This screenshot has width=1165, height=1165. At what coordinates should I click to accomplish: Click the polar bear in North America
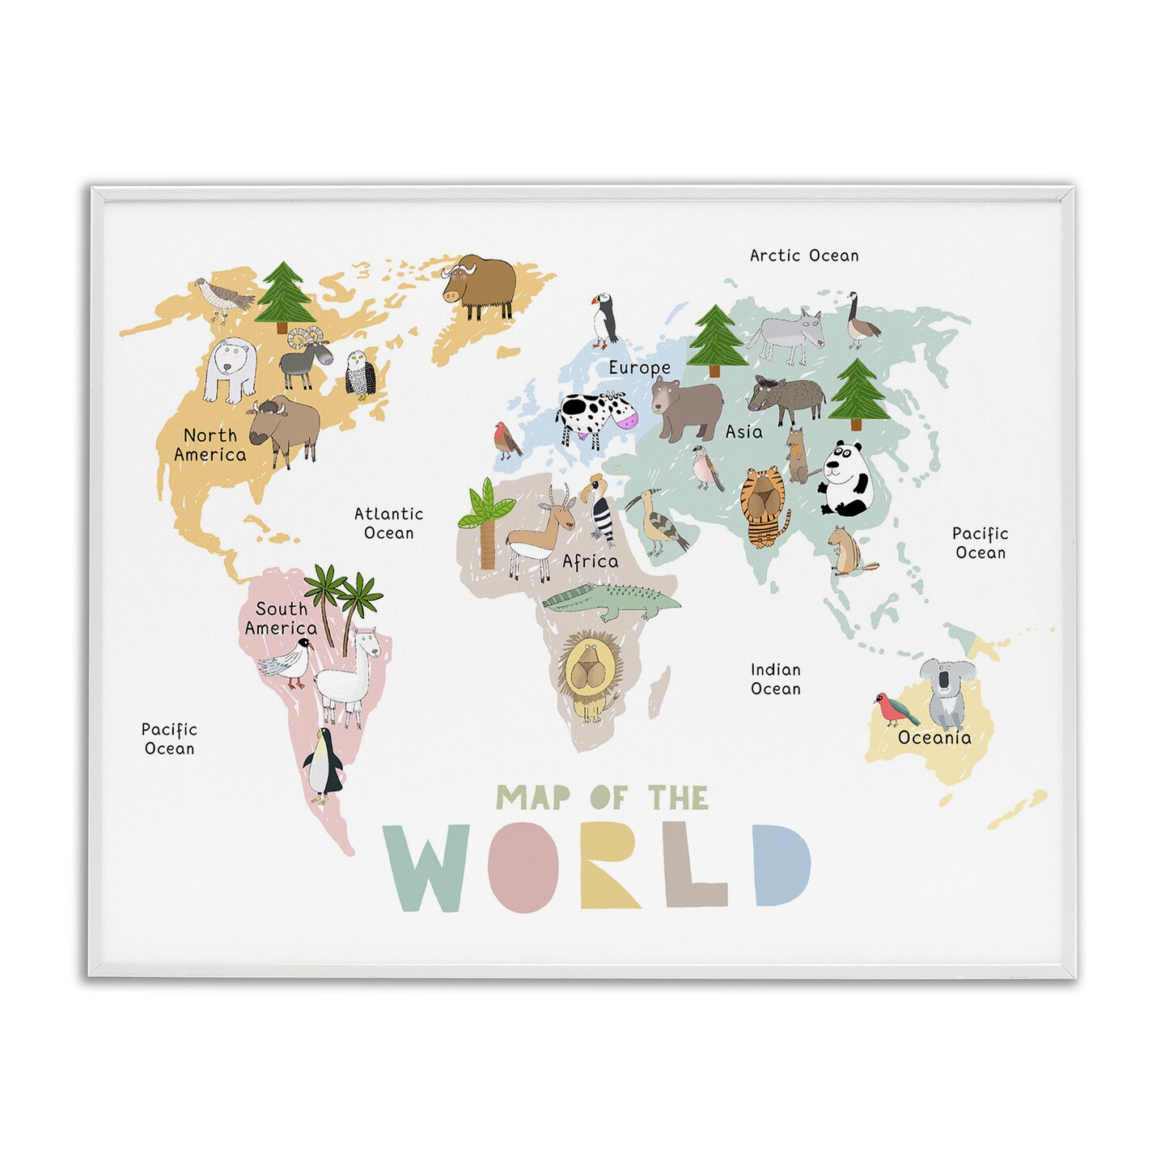click(x=230, y=369)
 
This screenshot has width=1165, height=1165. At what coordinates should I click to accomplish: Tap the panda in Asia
click(x=845, y=479)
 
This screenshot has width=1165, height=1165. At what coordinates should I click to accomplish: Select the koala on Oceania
click(x=947, y=692)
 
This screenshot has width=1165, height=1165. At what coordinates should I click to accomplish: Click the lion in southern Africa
click(x=590, y=673)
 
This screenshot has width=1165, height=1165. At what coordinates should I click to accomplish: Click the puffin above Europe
click(x=603, y=321)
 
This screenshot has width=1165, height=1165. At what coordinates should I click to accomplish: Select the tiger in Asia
click(x=763, y=506)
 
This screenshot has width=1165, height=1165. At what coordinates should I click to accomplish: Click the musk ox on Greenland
click(x=480, y=285)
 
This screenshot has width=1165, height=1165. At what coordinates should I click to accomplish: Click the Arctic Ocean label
click(x=804, y=256)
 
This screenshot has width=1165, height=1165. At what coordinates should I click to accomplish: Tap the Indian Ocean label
click(x=776, y=680)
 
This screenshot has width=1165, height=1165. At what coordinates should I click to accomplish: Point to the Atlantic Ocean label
click(x=389, y=523)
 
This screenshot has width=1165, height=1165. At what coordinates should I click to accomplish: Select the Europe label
click(x=639, y=368)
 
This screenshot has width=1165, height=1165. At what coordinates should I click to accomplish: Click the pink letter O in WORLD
click(x=523, y=866)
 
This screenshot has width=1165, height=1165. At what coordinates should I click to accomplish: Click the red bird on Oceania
click(x=895, y=709)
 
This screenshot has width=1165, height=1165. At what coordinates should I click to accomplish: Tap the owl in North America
click(x=359, y=375)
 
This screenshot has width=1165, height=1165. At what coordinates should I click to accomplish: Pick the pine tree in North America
click(x=282, y=294)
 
